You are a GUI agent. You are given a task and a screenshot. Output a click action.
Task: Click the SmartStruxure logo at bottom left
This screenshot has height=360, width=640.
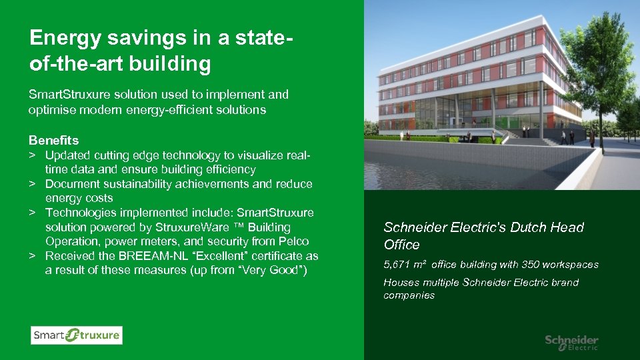point(76,335)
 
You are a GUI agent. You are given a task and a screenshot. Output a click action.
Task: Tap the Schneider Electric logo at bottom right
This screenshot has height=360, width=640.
point(571,343)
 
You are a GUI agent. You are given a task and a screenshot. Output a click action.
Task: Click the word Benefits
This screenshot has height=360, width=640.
point(53,141)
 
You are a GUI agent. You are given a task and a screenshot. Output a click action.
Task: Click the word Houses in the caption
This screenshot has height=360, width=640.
point(401,283)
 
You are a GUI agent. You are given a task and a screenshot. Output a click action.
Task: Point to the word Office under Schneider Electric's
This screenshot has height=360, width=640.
point(401,245)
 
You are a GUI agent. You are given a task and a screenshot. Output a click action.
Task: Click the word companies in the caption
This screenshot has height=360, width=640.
point(409,295)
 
